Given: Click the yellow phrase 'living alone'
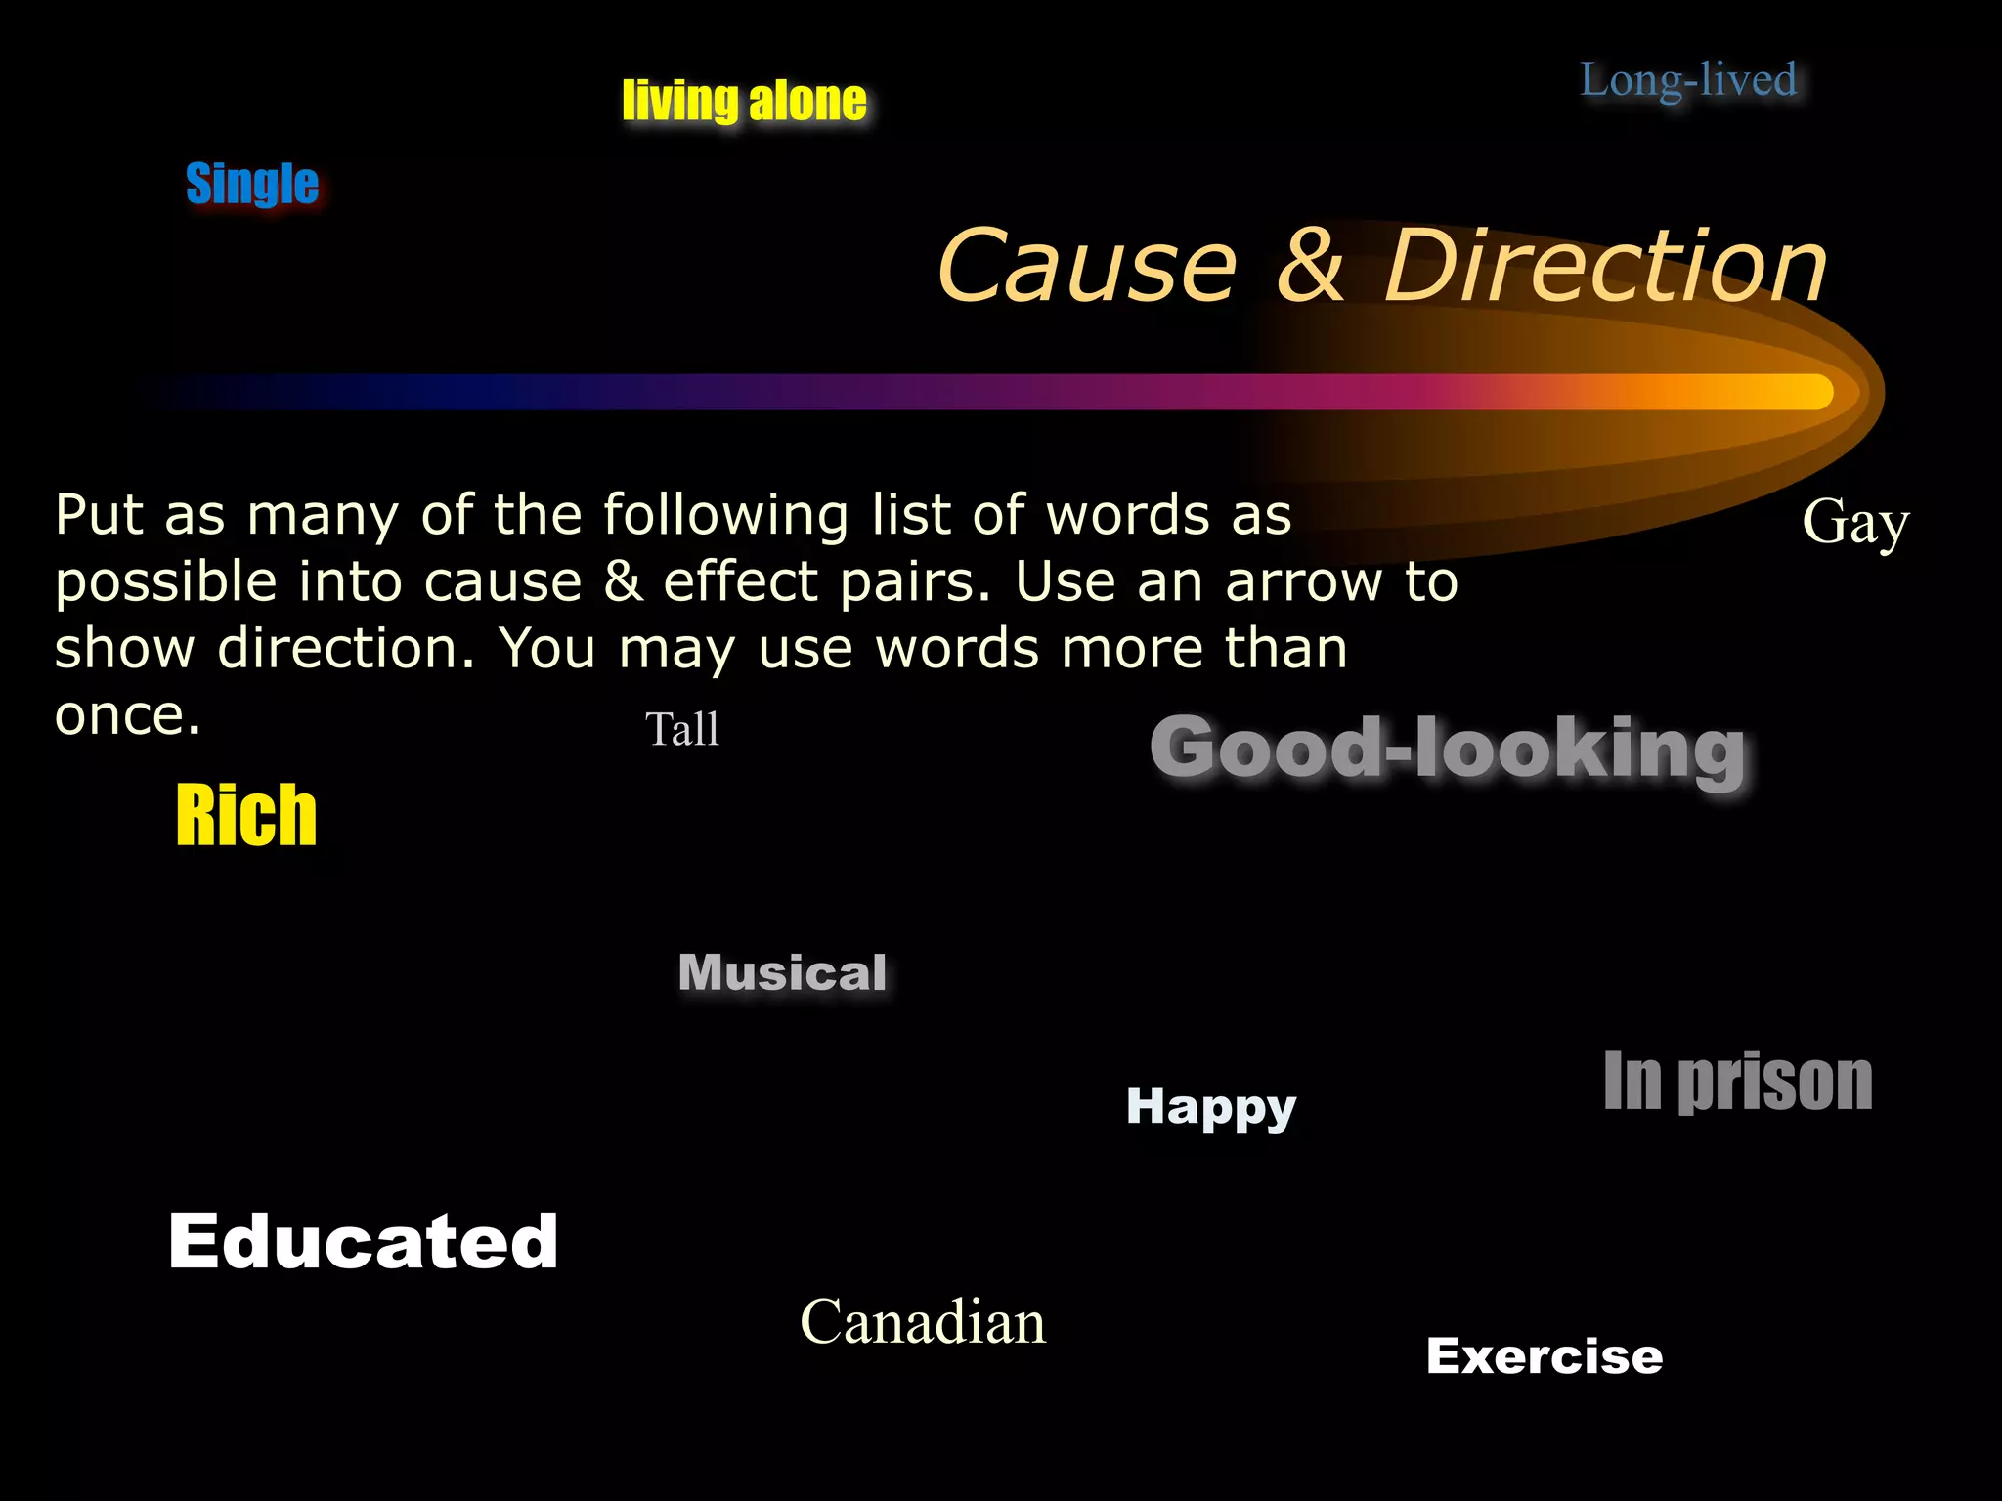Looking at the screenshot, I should tap(744, 101).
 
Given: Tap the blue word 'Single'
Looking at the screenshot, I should tap(252, 184).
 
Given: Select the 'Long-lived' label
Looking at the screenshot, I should tap(1688, 80).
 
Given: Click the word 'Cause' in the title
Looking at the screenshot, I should tap(1086, 266).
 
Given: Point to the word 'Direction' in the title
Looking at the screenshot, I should tap(1605, 266).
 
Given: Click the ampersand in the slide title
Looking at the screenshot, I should tap(1310, 266).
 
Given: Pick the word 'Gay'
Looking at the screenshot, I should tap(1854, 523).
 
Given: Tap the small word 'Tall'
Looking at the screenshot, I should tap(682, 729).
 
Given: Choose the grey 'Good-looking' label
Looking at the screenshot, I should tap(1447, 749).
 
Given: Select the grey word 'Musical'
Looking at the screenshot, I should tap(782, 973).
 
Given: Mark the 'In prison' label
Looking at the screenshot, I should tap(1737, 1082).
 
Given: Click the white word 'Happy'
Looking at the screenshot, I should tap(1210, 1107).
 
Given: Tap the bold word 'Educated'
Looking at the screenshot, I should tap(363, 1241).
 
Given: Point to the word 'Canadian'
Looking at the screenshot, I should tap(922, 1322).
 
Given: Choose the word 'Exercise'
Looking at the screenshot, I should tap(1544, 1356).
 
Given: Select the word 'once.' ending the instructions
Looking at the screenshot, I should tap(127, 716).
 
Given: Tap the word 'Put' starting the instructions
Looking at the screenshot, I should tap(98, 515).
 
